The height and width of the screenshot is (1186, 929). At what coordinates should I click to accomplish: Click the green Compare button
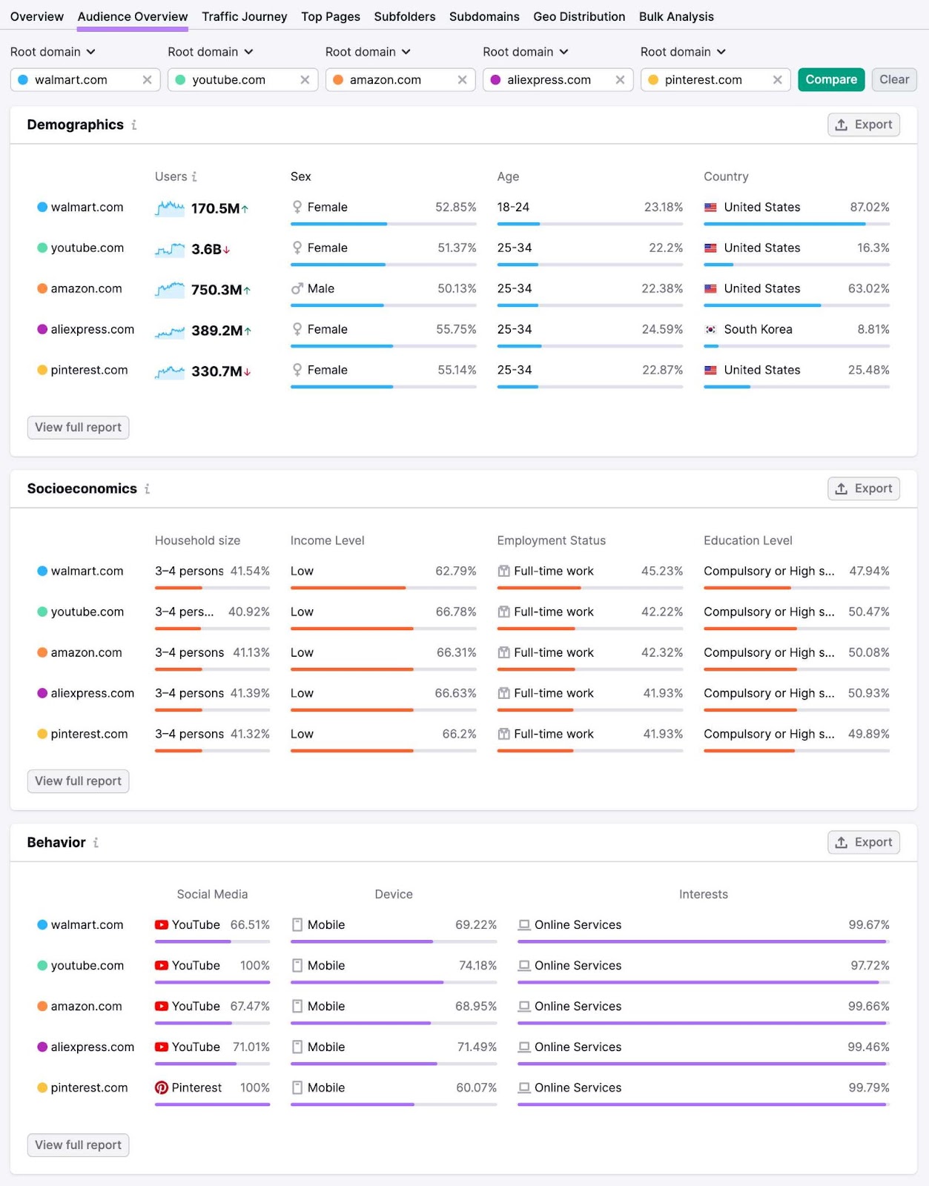click(x=830, y=79)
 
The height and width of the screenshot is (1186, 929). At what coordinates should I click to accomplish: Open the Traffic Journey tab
click(x=244, y=16)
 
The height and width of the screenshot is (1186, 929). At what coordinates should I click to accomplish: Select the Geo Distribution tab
click(x=578, y=16)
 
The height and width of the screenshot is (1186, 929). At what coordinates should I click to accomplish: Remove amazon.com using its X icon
click(x=462, y=79)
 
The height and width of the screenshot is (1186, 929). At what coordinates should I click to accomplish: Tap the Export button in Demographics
click(x=863, y=125)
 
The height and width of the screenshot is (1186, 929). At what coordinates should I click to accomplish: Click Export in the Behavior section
click(x=863, y=842)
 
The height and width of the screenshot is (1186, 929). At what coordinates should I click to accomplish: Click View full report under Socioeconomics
click(x=78, y=781)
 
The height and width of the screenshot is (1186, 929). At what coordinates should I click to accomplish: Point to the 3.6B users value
click(x=206, y=249)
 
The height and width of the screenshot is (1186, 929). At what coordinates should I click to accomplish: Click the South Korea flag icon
click(x=710, y=329)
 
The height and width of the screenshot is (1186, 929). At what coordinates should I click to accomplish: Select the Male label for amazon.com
click(x=320, y=288)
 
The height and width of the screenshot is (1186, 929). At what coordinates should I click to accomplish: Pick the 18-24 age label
click(x=513, y=207)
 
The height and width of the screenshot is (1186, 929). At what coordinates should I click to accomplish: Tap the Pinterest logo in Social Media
click(x=161, y=1087)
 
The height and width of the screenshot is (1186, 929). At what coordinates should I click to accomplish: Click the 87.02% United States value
click(x=869, y=207)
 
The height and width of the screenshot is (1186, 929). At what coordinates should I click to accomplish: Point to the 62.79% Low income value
click(x=455, y=571)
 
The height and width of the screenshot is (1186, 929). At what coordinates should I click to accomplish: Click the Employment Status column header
click(x=551, y=540)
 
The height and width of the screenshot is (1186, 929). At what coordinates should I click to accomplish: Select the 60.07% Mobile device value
click(x=476, y=1087)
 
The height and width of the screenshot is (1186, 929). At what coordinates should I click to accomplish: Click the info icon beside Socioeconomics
click(x=147, y=488)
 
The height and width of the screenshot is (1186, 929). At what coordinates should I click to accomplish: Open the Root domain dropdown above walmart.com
click(x=53, y=52)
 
